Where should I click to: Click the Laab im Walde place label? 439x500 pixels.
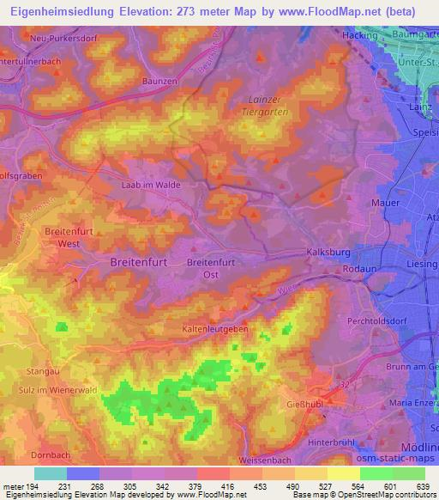point(151,184)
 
